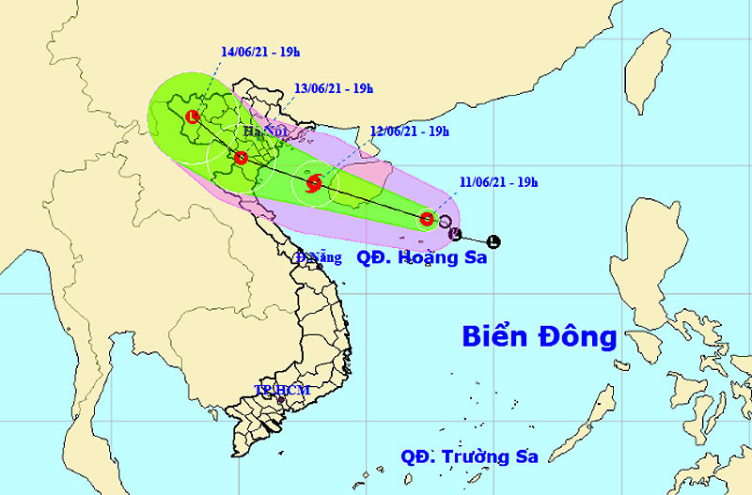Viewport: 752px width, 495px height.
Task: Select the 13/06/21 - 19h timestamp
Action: coord(333,88)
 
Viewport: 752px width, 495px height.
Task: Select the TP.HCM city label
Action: coord(282,389)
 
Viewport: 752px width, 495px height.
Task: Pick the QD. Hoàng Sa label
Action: coord(423,256)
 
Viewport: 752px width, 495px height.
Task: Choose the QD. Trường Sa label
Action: coord(469,456)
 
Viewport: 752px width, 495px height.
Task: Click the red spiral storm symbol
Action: coord(315,183)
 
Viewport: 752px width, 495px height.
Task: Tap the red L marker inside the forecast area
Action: coord(193,117)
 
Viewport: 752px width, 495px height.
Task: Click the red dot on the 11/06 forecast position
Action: coord(427,219)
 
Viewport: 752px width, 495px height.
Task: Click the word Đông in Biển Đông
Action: coord(581,335)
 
